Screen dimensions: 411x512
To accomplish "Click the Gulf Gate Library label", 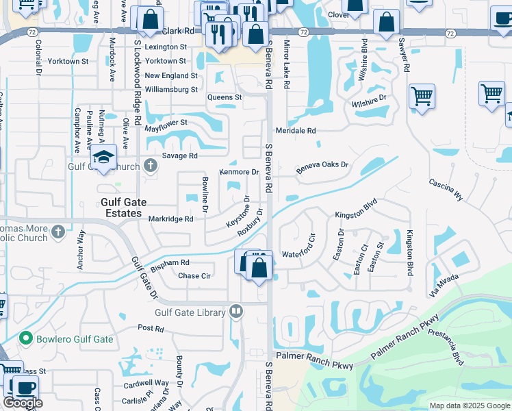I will tap(190, 313).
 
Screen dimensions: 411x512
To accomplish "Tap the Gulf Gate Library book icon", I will tap(236, 312).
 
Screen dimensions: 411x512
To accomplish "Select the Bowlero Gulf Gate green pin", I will tap(26, 338).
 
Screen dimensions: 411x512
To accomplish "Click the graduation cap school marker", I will tap(104, 158).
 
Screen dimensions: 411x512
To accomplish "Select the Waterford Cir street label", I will tap(298, 255).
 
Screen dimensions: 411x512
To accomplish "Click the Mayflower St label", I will tap(166, 123).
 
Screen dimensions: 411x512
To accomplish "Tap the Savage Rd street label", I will tap(179, 156).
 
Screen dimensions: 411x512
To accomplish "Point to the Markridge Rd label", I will tap(171, 219).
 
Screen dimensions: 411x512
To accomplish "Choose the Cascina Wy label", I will tap(446, 190).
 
